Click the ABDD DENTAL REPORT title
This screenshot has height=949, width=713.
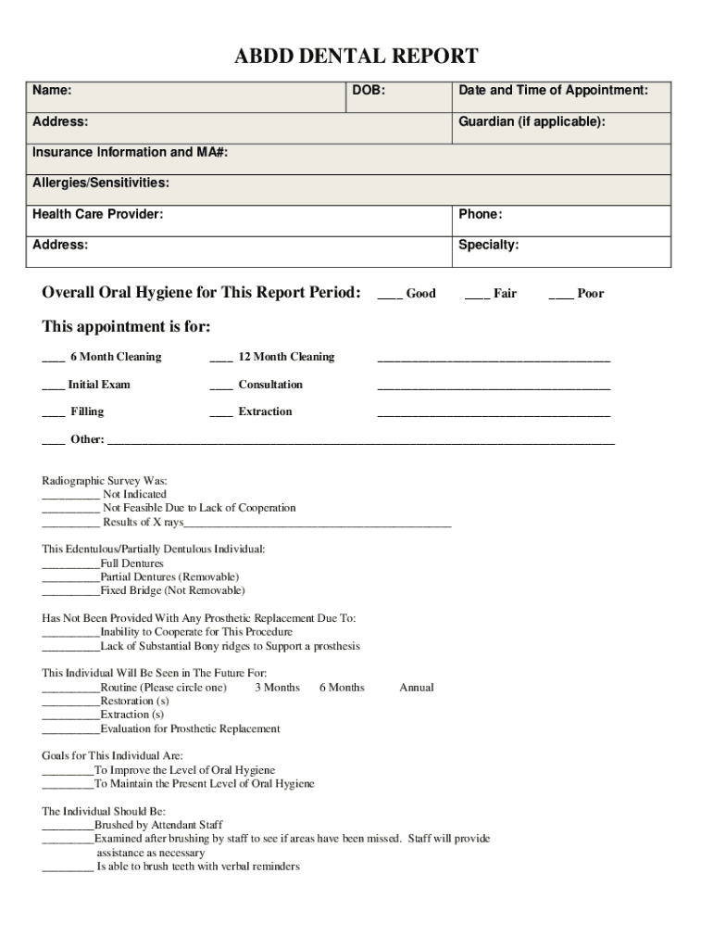pyautogui.click(x=356, y=57)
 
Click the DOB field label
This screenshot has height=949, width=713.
pyautogui.click(x=369, y=91)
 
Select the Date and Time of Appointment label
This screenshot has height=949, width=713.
pyautogui.click(x=553, y=91)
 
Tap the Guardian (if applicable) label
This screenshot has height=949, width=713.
pyautogui.click(x=532, y=121)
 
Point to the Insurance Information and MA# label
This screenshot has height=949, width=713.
pyautogui.click(x=130, y=152)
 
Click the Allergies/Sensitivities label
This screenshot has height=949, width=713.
pyautogui.click(x=101, y=183)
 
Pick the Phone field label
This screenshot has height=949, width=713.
pyautogui.click(x=480, y=214)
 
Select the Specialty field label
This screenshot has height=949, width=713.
pyautogui.click(x=488, y=245)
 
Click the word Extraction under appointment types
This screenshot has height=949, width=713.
pyautogui.click(x=265, y=411)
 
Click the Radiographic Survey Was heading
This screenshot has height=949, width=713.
pyautogui.click(x=105, y=481)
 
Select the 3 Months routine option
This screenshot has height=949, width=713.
pyautogui.click(x=277, y=688)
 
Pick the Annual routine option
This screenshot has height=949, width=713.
pyautogui.click(x=417, y=688)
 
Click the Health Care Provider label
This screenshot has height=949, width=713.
pyautogui.click(x=98, y=214)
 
